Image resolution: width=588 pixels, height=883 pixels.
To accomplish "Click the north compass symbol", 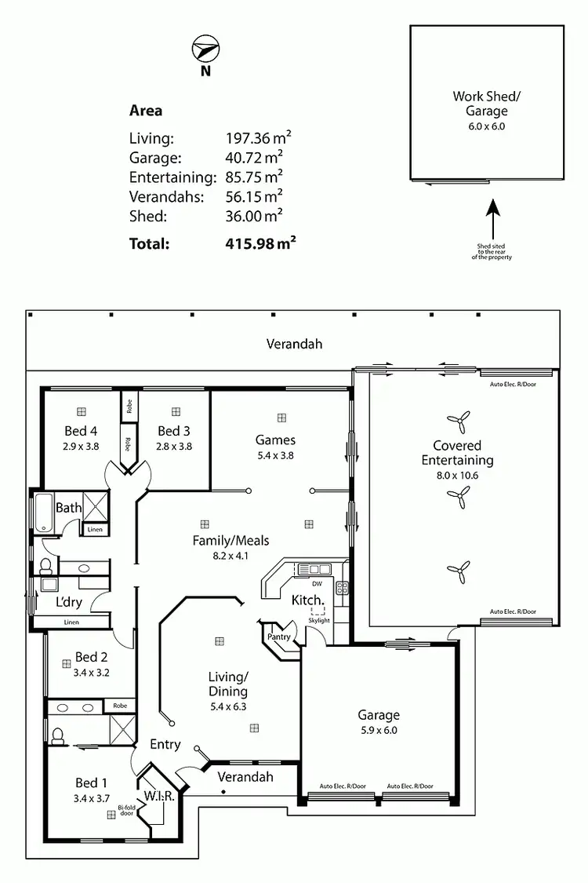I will (x=205, y=49).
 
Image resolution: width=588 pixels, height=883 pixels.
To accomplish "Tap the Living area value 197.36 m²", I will (x=258, y=139).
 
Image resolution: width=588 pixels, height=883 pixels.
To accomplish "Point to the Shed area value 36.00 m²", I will (x=254, y=214).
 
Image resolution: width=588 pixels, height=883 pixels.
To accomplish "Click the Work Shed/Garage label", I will (x=486, y=104).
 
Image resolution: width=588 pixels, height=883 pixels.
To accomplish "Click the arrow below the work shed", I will (x=493, y=220).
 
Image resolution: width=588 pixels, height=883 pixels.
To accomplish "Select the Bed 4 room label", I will (x=82, y=431).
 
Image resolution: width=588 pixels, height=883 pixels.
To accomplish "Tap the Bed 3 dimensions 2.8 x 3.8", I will (x=174, y=446).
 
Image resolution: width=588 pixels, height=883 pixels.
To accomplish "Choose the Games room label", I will (x=275, y=440).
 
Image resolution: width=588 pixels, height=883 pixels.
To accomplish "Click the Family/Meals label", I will (x=230, y=540).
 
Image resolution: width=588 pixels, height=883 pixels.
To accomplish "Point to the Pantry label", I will (x=279, y=637).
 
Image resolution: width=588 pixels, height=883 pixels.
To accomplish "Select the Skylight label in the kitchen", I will (x=318, y=620).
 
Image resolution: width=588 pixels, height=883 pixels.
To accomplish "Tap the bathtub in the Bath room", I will (x=43, y=512).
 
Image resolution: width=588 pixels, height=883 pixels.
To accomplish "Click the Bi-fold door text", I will (x=127, y=810).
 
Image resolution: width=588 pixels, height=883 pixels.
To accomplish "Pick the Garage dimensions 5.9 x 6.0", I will (x=379, y=730).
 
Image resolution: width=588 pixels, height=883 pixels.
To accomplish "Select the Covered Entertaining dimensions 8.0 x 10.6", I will (x=457, y=475).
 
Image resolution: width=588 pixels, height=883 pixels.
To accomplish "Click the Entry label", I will (x=165, y=744).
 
